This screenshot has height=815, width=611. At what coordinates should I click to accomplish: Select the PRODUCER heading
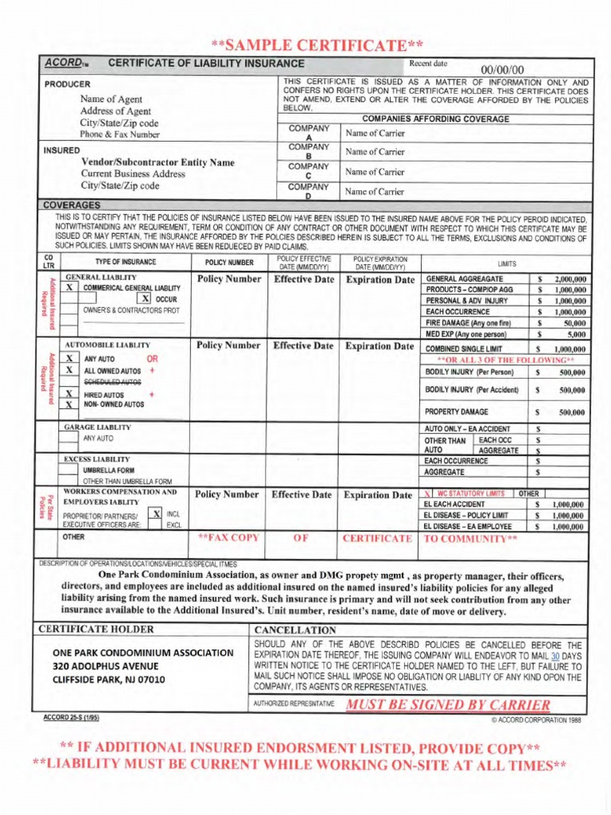coord(67,84)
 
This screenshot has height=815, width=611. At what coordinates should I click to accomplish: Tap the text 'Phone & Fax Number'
coord(119,135)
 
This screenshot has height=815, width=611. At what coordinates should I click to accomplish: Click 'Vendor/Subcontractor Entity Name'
coord(158,162)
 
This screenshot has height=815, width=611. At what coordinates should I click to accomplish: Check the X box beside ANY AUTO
coord(70,359)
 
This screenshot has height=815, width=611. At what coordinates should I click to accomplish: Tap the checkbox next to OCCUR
coord(146,298)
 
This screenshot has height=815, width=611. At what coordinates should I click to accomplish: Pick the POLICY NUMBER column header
coord(228,263)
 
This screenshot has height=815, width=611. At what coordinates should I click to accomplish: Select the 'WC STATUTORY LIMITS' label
coord(473,493)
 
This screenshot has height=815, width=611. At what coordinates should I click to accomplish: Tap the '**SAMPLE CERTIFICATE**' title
coord(316,45)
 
